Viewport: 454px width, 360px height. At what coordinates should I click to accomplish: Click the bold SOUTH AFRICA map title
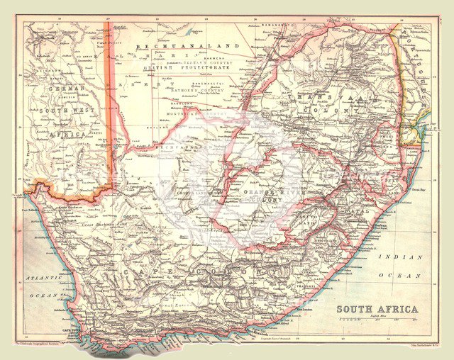click(x=377, y=309)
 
